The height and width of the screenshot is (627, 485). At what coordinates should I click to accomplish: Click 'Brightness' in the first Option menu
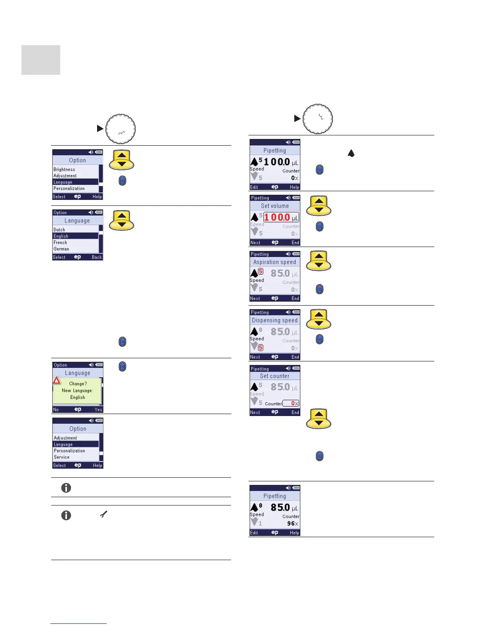click(64, 169)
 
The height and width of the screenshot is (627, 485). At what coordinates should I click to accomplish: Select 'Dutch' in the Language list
click(59, 230)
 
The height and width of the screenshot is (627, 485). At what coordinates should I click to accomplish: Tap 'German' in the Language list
click(61, 249)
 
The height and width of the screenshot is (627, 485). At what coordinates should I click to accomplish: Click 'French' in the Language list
click(60, 243)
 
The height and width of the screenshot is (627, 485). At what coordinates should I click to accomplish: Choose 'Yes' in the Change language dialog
click(98, 410)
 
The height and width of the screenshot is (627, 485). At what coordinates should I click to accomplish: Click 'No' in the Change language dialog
click(56, 410)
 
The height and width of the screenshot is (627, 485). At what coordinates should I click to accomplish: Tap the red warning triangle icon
click(57, 380)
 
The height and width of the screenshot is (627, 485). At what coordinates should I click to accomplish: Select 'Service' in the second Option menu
click(62, 457)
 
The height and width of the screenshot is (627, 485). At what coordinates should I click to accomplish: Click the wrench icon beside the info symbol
click(103, 515)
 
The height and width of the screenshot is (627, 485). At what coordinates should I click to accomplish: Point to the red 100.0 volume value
click(277, 217)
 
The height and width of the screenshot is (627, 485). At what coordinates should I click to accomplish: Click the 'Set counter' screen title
click(275, 376)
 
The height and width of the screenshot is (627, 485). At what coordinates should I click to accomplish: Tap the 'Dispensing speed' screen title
click(275, 321)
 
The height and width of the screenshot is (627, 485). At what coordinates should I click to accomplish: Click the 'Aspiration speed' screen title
click(275, 262)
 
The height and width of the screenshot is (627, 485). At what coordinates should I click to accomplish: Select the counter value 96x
click(292, 523)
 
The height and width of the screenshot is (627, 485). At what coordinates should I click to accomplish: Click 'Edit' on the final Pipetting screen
click(254, 533)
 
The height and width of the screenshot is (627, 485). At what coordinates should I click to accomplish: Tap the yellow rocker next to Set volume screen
click(319, 206)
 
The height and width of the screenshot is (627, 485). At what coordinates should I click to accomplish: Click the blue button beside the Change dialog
click(122, 367)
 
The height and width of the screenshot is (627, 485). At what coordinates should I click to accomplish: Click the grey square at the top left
click(41, 60)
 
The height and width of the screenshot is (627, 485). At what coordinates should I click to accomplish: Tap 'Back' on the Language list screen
click(97, 257)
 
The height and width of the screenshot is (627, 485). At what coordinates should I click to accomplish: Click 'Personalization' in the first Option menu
click(69, 188)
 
